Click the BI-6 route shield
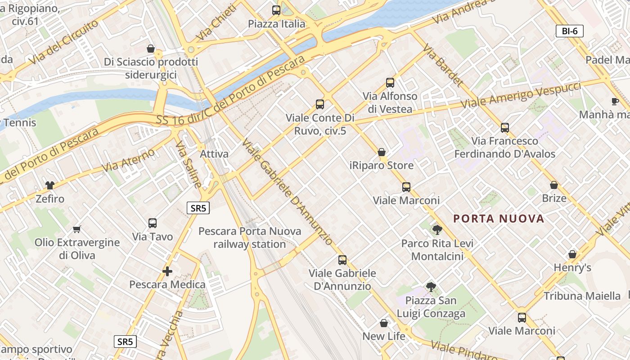pyautogui.click(x=570, y=31)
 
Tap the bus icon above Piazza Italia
pyautogui.click(x=276, y=10)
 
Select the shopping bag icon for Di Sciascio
pyautogui.click(x=151, y=49)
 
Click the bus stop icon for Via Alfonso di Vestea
pyautogui.click(x=390, y=83)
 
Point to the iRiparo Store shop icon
pyautogui.click(x=382, y=152)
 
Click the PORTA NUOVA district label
pyautogui.click(x=499, y=219)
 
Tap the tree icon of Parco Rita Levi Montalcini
pyautogui.click(x=437, y=230)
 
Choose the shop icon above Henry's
pyautogui.click(x=572, y=254)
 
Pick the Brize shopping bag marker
pyautogui.click(x=554, y=185)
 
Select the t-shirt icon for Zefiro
pyautogui.click(x=50, y=185)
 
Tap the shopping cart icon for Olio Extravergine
pyautogui.click(x=77, y=229)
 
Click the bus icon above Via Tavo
pyautogui.click(x=153, y=223)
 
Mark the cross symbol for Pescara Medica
pyautogui.click(x=167, y=271)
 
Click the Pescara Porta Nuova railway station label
pyautogui.click(x=250, y=238)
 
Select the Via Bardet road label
pyautogui.click(x=443, y=66)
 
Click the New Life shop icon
pyautogui.click(x=384, y=323)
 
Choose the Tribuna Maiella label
pyautogui.click(x=582, y=296)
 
